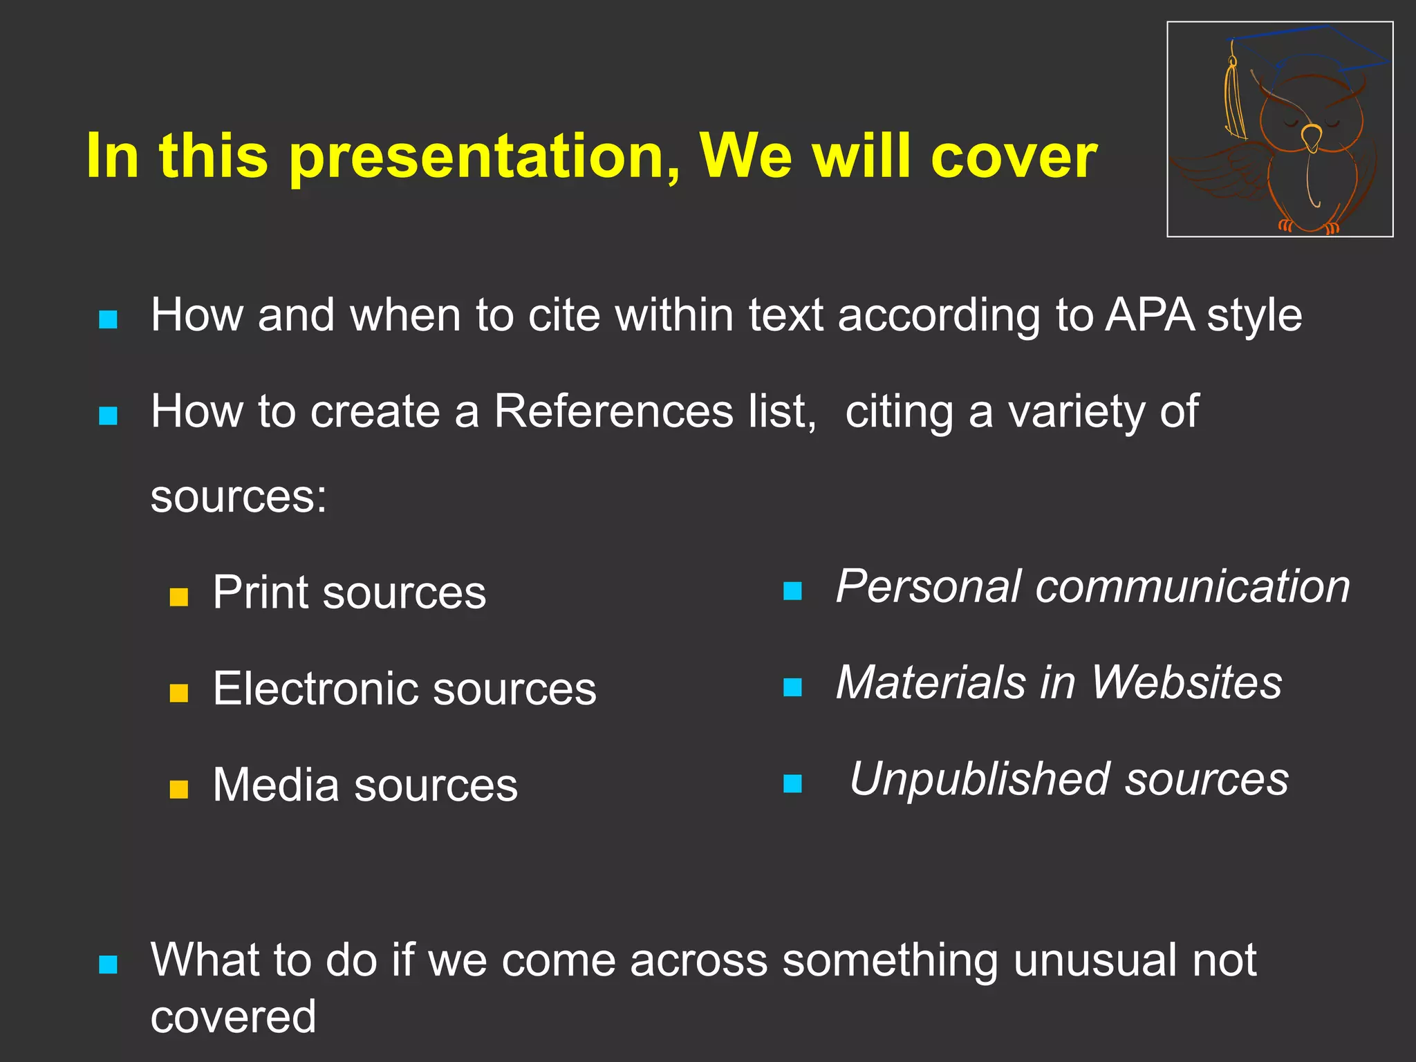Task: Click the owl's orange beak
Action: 1310,136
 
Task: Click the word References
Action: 613,412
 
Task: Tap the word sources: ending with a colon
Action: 239,496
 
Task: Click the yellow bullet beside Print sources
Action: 179,597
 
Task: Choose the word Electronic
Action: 315,689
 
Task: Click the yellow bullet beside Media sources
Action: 179,790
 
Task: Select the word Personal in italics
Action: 927,586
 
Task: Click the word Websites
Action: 1186,683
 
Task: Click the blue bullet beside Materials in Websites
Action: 792,687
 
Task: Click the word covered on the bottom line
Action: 233,1018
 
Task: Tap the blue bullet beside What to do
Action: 109,965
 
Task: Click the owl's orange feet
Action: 1307,227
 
